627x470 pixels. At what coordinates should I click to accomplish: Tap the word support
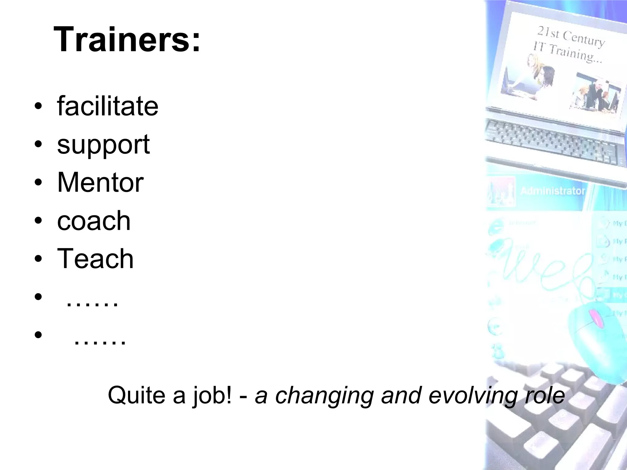[x=103, y=144]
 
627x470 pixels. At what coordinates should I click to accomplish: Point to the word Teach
[x=95, y=259]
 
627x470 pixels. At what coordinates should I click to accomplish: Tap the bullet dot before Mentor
[x=38, y=183]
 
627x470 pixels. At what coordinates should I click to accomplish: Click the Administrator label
[x=553, y=191]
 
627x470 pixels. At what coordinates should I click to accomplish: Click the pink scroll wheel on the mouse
[x=596, y=318]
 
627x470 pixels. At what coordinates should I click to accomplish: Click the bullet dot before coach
[x=38, y=221]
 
